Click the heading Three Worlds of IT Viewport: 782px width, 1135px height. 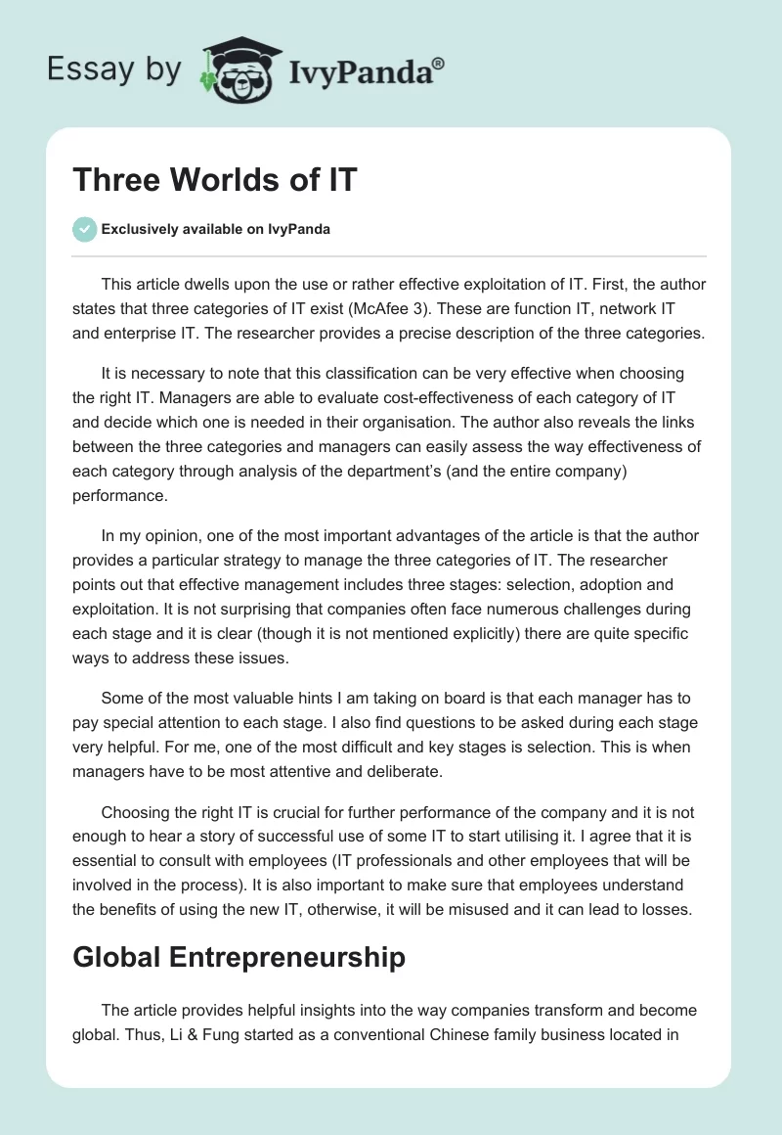(214, 180)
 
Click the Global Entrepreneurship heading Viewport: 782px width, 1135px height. (239, 957)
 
